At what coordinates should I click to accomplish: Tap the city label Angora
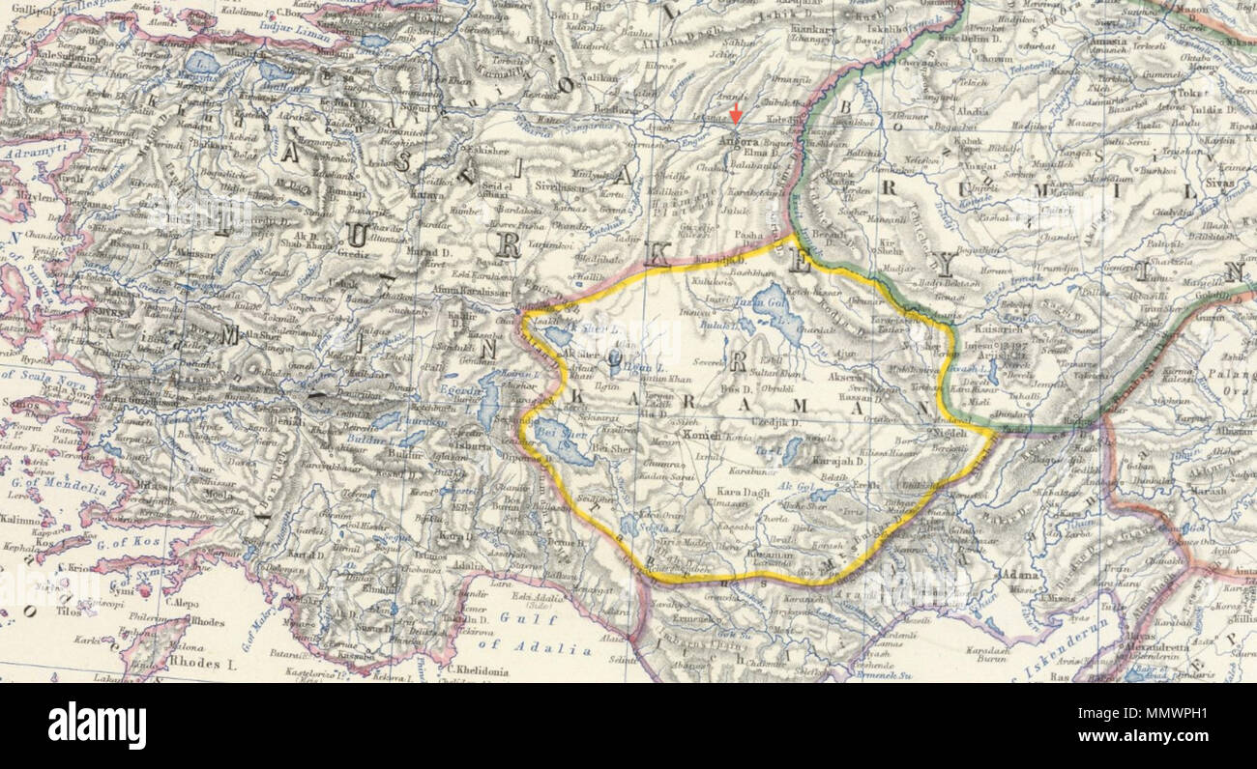(x=741, y=140)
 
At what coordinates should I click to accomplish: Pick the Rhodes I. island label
(x=203, y=664)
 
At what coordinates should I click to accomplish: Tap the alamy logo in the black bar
(x=97, y=725)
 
